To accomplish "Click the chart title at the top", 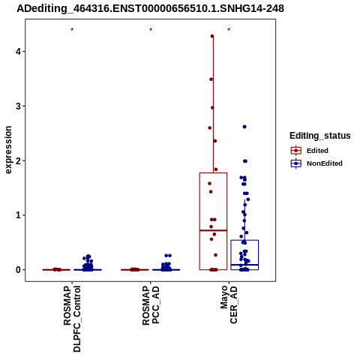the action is click(x=150, y=8).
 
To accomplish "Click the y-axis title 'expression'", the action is click(x=8, y=150).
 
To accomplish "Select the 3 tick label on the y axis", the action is click(x=18, y=106).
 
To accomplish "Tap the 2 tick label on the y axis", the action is click(x=18, y=160).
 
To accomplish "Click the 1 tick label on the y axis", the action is click(x=18, y=215).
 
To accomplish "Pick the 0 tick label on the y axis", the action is click(x=18, y=270).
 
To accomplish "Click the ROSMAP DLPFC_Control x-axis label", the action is click(x=72, y=319).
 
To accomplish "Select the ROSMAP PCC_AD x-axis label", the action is click(x=151, y=305).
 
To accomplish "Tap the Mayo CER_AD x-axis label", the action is click(x=229, y=304).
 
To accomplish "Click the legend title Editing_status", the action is click(x=320, y=136).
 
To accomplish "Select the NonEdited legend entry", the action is click(x=316, y=163).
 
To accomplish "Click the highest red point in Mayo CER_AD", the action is click(x=212, y=36).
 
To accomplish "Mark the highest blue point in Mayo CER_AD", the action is click(x=244, y=127).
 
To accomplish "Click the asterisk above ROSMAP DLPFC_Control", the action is click(x=72, y=30).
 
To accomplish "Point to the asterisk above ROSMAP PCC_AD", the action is click(x=151, y=30).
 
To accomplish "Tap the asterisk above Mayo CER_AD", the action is click(x=229, y=30).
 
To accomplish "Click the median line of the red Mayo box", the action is click(x=213, y=230).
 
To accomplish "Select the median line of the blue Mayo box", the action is click(x=244, y=265).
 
